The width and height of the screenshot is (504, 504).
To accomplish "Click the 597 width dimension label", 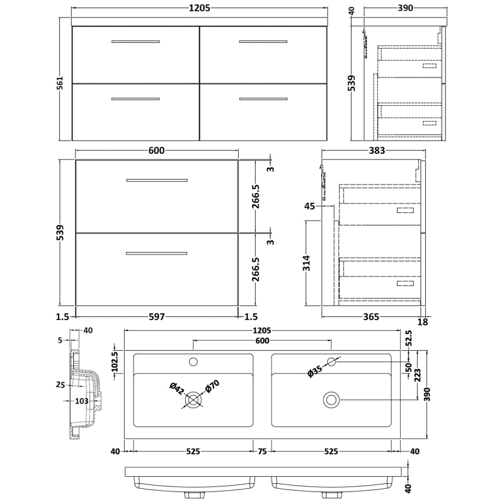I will click(156, 317).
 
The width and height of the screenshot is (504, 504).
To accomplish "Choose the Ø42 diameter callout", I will click(178, 386).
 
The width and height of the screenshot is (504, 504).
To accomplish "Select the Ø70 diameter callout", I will click(210, 387).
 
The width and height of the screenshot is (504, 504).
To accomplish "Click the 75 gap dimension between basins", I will click(261, 452).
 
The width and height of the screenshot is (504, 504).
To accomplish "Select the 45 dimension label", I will click(309, 206).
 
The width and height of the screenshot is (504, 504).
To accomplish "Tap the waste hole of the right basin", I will click(331, 399).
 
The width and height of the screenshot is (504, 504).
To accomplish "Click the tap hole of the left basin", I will click(194, 362).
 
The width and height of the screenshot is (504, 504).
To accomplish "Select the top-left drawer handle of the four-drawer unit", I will click(135, 42).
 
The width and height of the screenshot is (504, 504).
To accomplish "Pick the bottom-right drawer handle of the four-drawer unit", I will click(263, 99).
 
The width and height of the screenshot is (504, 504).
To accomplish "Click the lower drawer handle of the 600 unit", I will click(157, 253).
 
